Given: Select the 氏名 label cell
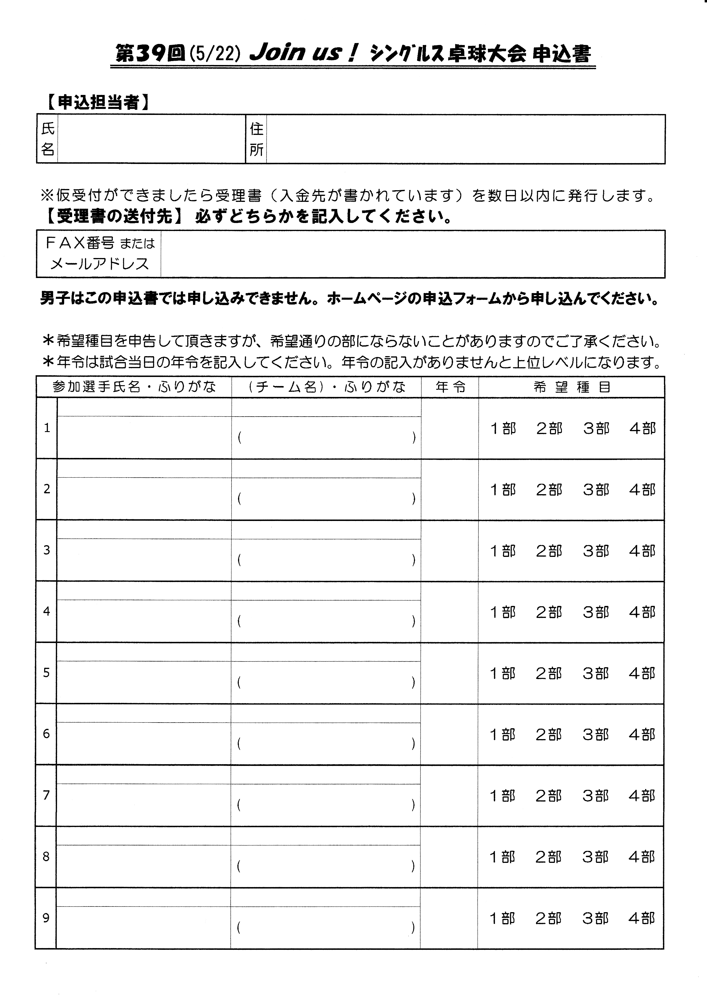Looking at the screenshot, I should click(x=47, y=139).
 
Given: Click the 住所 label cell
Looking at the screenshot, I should click(x=256, y=139).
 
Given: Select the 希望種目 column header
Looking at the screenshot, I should click(x=572, y=387).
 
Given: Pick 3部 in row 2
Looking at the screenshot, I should click(x=596, y=490).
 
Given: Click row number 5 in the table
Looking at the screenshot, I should click(x=46, y=673).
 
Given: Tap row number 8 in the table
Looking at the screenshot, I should click(x=46, y=857).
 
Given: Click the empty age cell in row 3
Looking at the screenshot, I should click(x=449, y=551).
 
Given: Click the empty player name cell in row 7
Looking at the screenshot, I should click(x=144, y=804).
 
